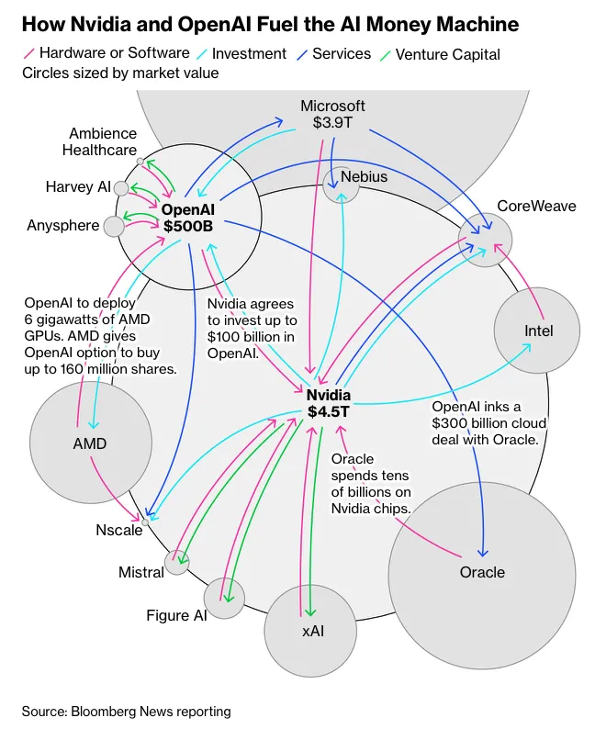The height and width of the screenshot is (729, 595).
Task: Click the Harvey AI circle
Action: point(121,188)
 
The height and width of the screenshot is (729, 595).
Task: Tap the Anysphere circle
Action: point(114,227)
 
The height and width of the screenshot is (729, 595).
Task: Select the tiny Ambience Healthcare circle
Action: point(140,162)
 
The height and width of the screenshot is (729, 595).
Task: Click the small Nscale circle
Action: point(145,522)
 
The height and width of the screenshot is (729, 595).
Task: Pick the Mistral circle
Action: point(177,562)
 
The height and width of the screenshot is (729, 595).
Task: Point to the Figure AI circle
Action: point(224,599)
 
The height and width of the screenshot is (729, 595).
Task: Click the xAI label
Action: point(313,631)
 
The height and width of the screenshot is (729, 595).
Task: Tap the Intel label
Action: point(538,331)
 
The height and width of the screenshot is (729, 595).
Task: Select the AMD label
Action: point(90,443)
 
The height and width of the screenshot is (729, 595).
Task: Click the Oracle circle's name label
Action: point(482,572)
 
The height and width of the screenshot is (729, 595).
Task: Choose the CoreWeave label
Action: point(536,206)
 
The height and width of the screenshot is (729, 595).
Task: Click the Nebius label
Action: point(364,176)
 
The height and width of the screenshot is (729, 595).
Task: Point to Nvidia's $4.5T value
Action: point(328,411)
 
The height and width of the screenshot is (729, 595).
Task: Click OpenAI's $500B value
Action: point(188,226)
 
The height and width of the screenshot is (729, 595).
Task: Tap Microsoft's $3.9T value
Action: point(332,122)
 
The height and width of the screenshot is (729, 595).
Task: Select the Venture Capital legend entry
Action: point(440,54)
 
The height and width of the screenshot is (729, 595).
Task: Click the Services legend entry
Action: point(334,54)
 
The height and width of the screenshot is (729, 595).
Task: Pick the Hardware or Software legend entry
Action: point(107,53)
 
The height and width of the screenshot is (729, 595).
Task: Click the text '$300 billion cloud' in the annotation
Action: point(488,423)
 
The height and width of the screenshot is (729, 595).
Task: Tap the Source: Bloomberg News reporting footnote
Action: point(127,712)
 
